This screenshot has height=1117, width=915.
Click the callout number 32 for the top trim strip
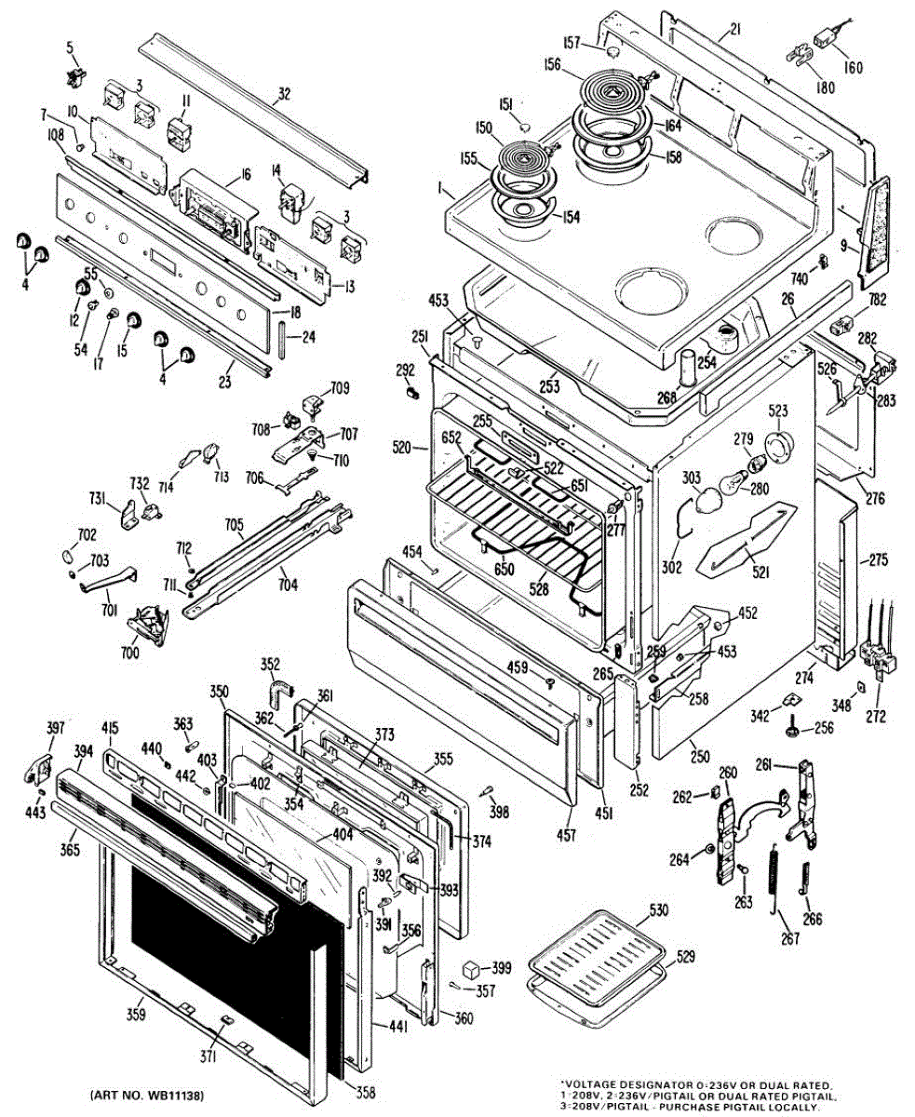coord(284,93)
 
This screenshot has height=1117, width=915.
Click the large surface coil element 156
coord(611,94)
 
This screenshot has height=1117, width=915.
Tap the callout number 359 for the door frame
coord(136,1014)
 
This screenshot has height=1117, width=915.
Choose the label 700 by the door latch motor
coord(129,653)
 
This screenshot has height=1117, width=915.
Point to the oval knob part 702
coord(67,556)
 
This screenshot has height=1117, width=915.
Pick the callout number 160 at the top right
coord(853,66)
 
